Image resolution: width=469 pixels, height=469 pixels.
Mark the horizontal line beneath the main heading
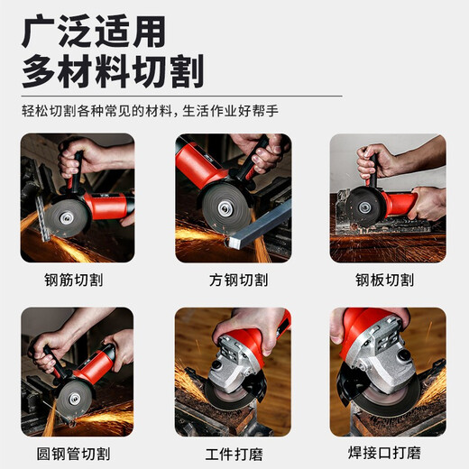coord(180,95)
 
